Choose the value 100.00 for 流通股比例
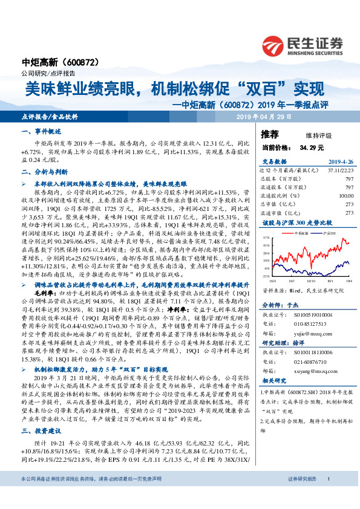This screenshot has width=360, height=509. [345, 195]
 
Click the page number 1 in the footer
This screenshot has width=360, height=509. [328, 496]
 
